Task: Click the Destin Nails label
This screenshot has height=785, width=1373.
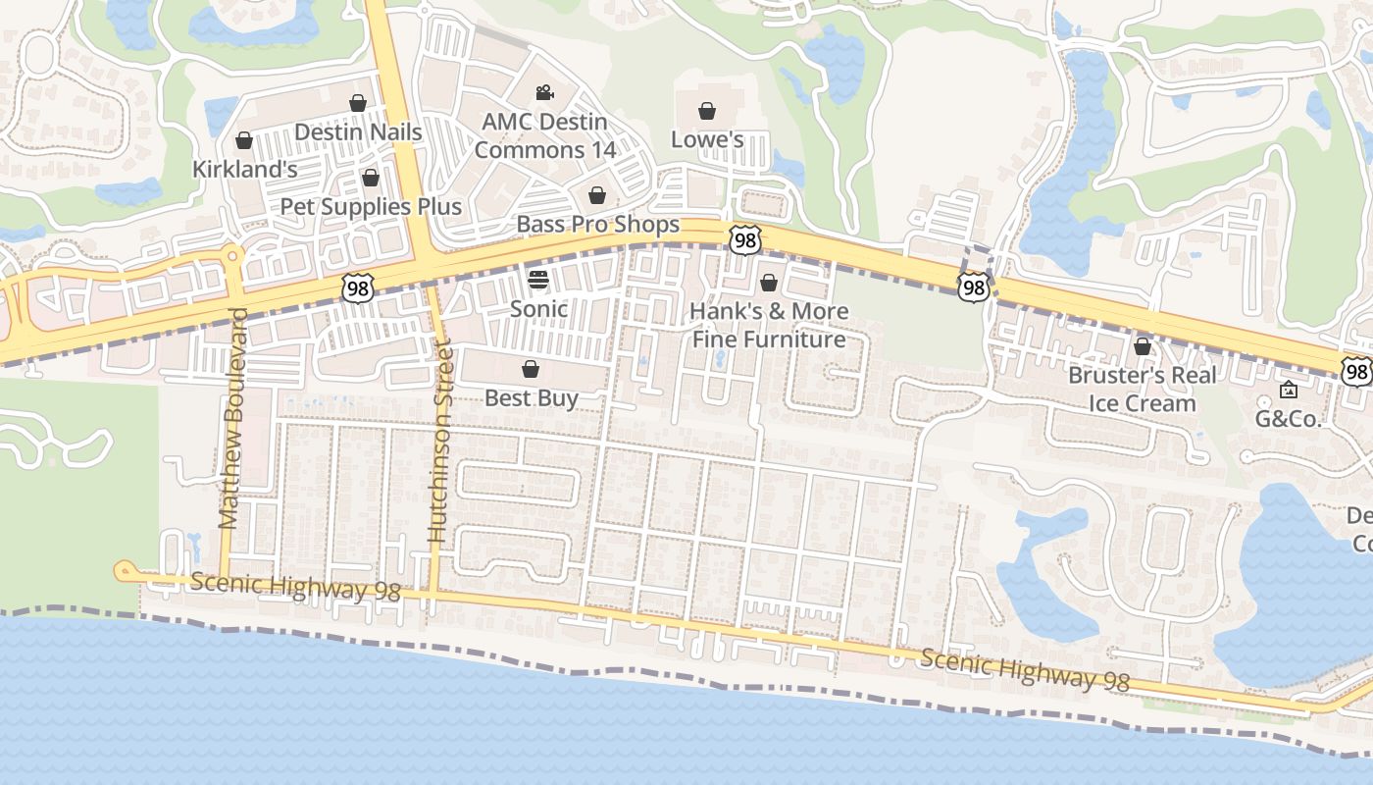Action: coord(358,131)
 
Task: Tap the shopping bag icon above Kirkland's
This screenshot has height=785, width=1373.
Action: coord(244,141)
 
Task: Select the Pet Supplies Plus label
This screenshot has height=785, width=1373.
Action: coord(371,206)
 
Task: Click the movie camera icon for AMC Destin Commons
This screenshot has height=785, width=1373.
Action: coord(544,93)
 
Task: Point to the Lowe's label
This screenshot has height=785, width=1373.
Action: coord(707,139)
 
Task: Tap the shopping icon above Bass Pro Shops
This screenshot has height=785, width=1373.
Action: coord(597,195)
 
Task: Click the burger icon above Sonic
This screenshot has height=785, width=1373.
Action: coord(537,280)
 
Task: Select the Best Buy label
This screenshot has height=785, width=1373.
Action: coord(531,397)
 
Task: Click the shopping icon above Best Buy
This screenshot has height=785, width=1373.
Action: coord(531,369)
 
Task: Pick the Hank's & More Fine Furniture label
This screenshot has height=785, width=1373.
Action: coord(769,325)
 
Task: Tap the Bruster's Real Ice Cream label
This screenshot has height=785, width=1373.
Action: coord(1143,389)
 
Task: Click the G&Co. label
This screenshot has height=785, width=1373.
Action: coord(1289,419)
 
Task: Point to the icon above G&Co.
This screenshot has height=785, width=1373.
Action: coord(1289,391)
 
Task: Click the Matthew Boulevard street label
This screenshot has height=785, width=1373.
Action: coord(232,419)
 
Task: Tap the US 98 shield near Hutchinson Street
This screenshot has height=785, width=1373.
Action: coord(357,288)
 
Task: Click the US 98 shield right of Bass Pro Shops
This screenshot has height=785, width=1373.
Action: coord(744,238)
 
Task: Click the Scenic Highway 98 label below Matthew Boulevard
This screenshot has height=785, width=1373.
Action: coord(296,587)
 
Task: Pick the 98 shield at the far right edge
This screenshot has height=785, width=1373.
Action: coord(1356,371)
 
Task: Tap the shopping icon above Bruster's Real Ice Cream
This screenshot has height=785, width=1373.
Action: coord(1142,346)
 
